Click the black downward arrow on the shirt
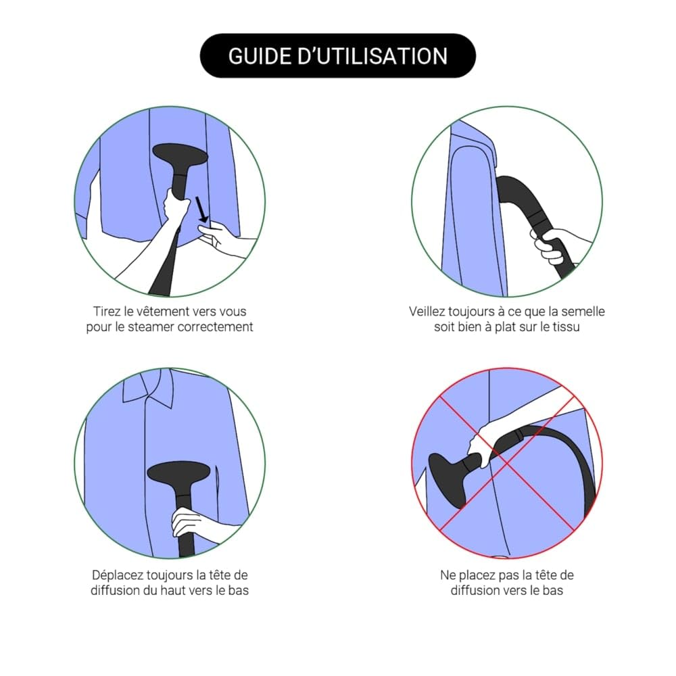pyautogui.click(x=201, y=210)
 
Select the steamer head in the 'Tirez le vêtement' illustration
pyautogui.click(x=180, y=154)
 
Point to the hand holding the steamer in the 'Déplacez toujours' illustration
pyautogui.click(x=190, y=523)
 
